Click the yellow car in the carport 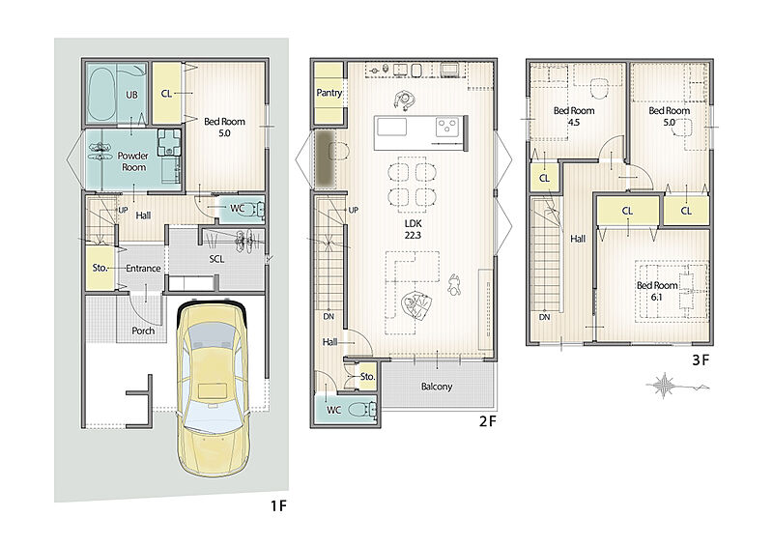[x=212, y=387]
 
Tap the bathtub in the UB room [x=100, y=94]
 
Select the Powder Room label [x=133, y=161]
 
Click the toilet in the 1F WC [x=254, y=209]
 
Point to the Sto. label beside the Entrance [x=100, y=268]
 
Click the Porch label [x=143, y=330]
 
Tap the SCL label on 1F [x=216, y=259]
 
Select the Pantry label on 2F [x=329, y=92]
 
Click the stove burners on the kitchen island [x=447, y=127]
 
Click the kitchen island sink [x=391, y=127]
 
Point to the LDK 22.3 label [x=413, y=229]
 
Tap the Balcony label [x=437, y=387]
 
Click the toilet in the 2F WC [x=363, y=410]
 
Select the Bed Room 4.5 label [x=574, y=116]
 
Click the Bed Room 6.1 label [x=657, y=291]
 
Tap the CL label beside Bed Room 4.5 [x=544, y=178]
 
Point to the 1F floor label [x=278, y=505]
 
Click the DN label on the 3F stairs [x=544, y=317]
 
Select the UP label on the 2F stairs [x=353, y=210]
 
